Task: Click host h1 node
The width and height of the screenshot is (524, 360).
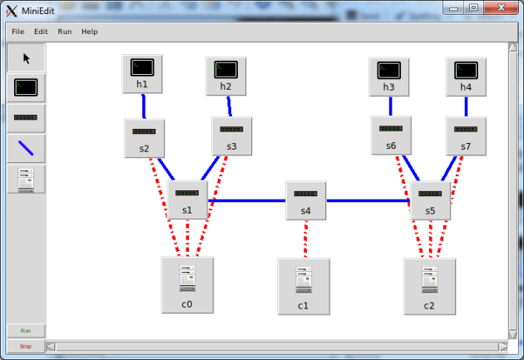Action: (x=142, y=73)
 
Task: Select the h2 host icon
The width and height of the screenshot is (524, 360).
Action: (x=225, y=76)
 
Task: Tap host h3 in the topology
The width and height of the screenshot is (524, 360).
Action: (x=388, y=76)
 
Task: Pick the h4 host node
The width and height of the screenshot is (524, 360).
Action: (x=465, y=76)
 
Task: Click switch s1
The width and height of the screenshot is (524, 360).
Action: (x=187, y=200)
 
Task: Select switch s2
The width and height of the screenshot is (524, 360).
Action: (x=144, y=138)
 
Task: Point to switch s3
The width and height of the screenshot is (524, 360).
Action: (x=231, y=136)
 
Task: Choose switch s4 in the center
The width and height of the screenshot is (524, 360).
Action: (x=305, y=200)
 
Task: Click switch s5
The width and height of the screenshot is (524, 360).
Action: (x=430, y=200)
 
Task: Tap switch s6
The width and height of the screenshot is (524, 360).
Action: (x=391, y=136)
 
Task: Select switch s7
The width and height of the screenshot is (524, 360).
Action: (x=465, y=136)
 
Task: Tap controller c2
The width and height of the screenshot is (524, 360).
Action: (x=429, y=285)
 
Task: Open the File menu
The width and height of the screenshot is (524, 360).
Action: (x=17, y=32)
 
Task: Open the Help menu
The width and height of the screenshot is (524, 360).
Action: (x=89, y=32)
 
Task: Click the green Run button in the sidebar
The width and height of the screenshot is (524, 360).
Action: (x=26, y=331)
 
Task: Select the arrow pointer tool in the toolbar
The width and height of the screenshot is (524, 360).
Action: (x=26, y=58)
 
